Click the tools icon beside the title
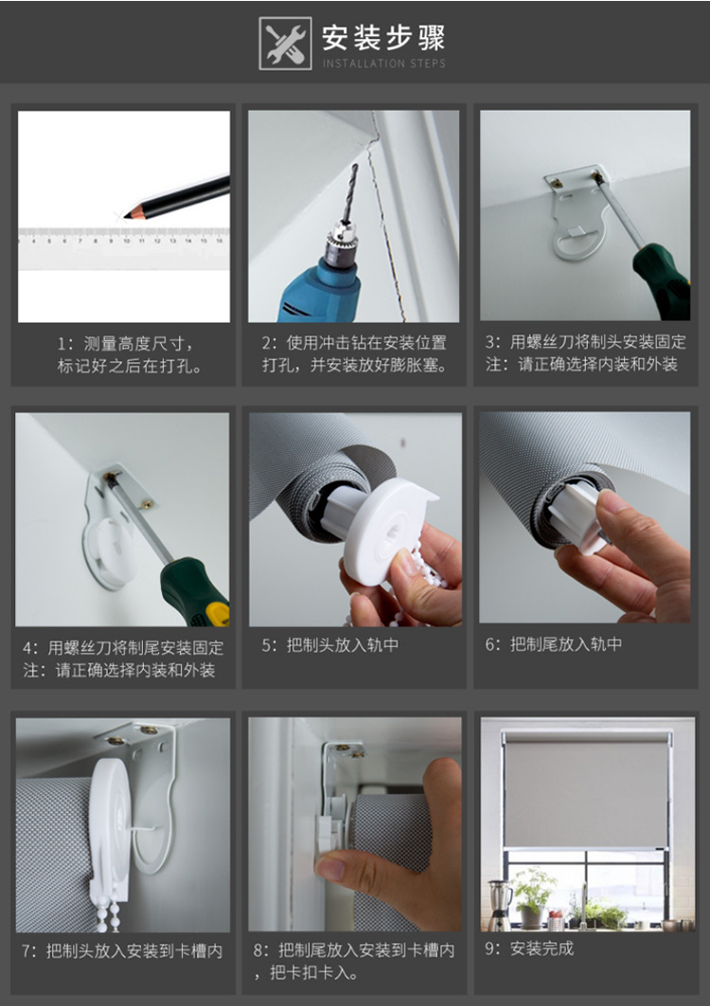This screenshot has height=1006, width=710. click(285, 44)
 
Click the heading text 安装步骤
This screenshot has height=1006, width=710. click(382, 38)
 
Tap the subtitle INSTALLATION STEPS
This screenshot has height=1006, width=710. click(383, 63)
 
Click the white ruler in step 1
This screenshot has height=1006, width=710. click(123, 242)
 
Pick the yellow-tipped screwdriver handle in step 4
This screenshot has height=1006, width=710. click(195, 592)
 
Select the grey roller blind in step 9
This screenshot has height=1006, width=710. click(586, 791)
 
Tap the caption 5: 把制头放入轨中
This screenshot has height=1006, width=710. click(330, 645)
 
